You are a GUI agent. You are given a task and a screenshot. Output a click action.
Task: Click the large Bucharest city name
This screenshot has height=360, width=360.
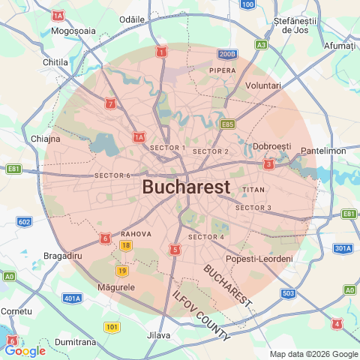click(186, 187)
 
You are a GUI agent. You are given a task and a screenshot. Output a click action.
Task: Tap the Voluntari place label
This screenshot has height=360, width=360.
click(263, 86)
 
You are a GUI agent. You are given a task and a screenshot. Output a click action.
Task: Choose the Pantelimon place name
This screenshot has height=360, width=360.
click(323, 151)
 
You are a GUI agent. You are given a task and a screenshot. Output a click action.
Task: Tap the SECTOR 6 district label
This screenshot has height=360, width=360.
click(112, 175)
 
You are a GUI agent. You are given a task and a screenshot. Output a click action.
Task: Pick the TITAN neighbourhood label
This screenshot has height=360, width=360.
click(254, 190)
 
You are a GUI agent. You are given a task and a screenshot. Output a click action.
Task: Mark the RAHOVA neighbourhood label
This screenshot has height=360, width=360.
click(136, 234)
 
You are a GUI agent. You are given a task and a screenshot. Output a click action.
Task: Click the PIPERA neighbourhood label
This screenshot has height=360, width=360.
click(223, 70)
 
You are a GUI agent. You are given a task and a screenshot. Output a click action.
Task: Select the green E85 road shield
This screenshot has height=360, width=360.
click(227, 124)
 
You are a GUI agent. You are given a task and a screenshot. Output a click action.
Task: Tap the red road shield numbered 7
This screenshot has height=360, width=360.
click(111, 103)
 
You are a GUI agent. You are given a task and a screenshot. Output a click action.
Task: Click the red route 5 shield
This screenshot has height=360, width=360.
click(175, 249)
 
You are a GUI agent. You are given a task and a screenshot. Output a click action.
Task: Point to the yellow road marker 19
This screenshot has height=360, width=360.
click(121, 271)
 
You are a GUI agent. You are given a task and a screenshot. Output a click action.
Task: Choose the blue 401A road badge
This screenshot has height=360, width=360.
click(73, 298)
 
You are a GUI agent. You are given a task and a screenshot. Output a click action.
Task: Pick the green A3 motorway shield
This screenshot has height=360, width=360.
click(261, 45)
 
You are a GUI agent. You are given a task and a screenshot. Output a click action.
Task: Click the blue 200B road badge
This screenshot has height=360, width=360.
click(227, 54)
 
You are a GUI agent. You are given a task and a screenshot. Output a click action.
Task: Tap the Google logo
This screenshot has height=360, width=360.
click(25, 350)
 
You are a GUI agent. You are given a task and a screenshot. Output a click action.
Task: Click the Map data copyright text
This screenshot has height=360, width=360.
click(313, 354)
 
